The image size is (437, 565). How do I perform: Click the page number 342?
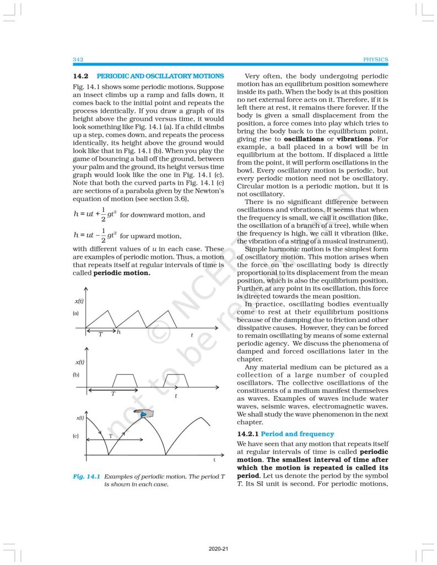coord(78,60)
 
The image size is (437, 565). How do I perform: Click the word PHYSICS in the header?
coord(376,60)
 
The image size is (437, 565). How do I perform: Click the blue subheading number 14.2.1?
coord(247,434)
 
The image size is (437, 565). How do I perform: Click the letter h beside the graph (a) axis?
coord(119,332)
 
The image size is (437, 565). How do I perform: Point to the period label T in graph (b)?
coord(114,394)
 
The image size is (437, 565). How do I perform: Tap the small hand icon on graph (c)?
coord(146,413)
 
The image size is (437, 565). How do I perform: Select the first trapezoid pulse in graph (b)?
coord(126,380)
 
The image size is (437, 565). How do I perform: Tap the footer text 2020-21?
coord(218,550)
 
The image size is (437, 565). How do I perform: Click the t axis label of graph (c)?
coord(214,460)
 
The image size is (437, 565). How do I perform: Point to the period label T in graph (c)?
coord(110,436)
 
